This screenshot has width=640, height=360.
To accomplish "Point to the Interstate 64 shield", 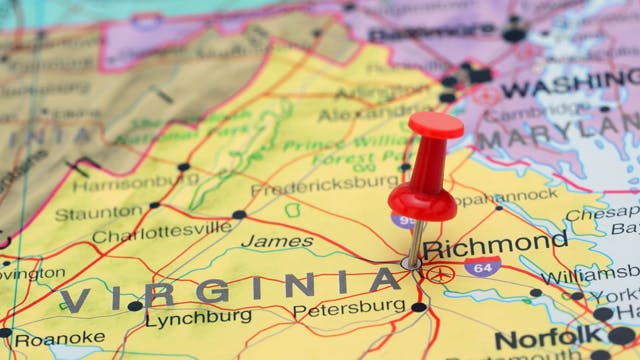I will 482,267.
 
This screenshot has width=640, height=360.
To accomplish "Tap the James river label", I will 264,241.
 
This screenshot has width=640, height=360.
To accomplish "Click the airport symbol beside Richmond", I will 440,273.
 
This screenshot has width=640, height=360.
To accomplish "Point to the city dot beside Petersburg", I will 419,307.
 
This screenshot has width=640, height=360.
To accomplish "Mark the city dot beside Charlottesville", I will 239,215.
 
